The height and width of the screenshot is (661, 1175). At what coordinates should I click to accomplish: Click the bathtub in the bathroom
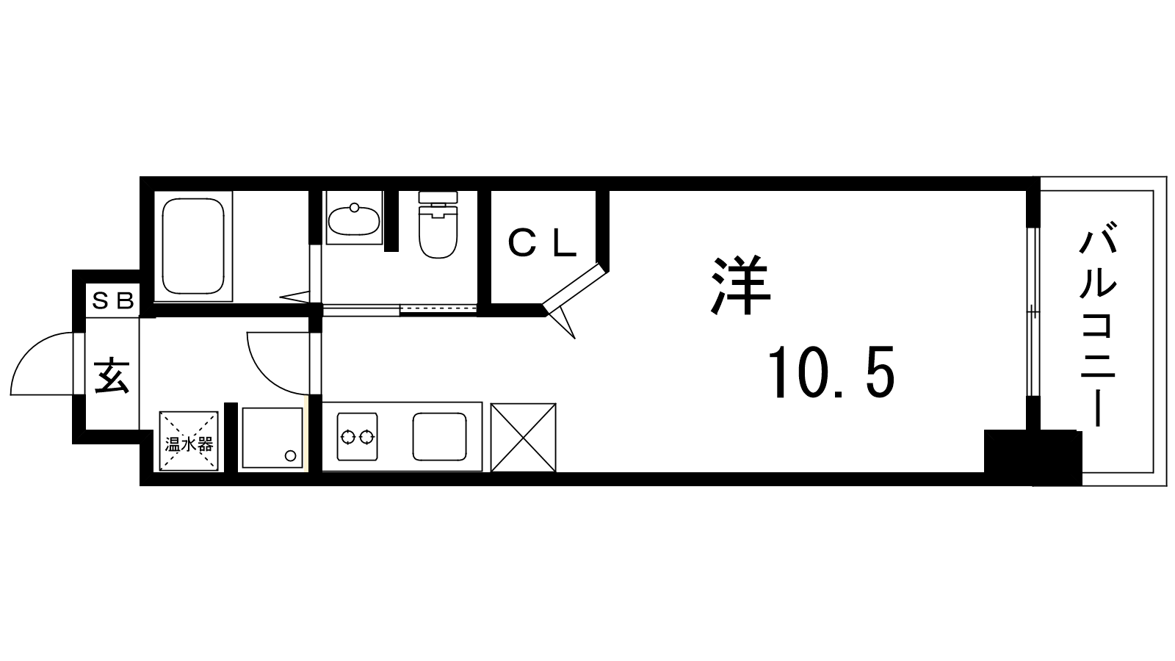point(193,246)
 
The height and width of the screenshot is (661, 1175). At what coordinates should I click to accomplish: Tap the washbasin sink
point(354,220)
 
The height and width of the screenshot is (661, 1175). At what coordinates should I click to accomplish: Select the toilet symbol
point(438,225)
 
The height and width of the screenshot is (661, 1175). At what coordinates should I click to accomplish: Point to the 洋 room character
point(741,286)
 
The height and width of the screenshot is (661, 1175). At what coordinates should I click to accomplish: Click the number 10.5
point(831,372)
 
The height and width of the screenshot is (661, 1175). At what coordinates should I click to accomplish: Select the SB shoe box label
point(113,300)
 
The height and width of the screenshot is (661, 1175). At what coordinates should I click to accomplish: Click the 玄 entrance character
point(112,375)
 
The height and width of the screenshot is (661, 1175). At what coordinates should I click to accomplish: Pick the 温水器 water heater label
point(189,445)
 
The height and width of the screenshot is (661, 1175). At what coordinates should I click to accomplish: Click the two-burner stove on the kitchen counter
point(357,436)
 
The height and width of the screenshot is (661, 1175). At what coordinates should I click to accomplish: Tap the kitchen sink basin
point(440,436)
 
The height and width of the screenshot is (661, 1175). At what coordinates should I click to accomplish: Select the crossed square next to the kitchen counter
point(523,438)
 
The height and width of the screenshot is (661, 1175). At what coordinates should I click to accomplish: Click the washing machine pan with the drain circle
point(272,438)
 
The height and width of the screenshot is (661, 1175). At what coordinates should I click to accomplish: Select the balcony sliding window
point(1033,311)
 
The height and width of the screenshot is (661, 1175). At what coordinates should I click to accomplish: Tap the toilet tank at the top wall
point(438,198)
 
